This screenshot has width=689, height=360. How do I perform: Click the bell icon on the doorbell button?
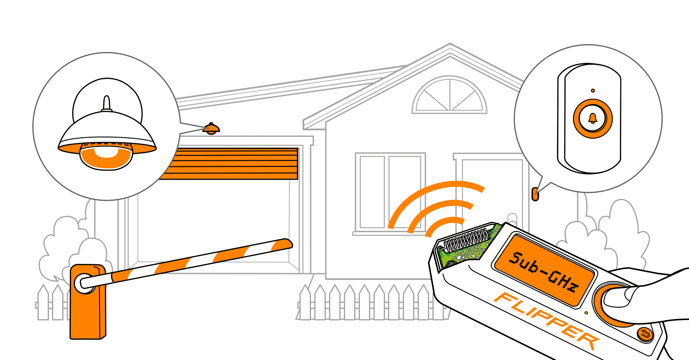(593, 118)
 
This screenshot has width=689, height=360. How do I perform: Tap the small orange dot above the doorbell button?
(593, 90)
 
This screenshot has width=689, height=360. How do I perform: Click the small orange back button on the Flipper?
(645, 334)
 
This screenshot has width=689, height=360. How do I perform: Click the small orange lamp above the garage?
(211, 129)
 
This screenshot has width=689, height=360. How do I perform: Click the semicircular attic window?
(450, 96)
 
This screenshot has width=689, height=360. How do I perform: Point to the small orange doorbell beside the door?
(535, 194)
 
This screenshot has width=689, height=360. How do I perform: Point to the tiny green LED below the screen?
(586, 313)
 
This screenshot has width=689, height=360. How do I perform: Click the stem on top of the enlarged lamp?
(107, 103)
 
